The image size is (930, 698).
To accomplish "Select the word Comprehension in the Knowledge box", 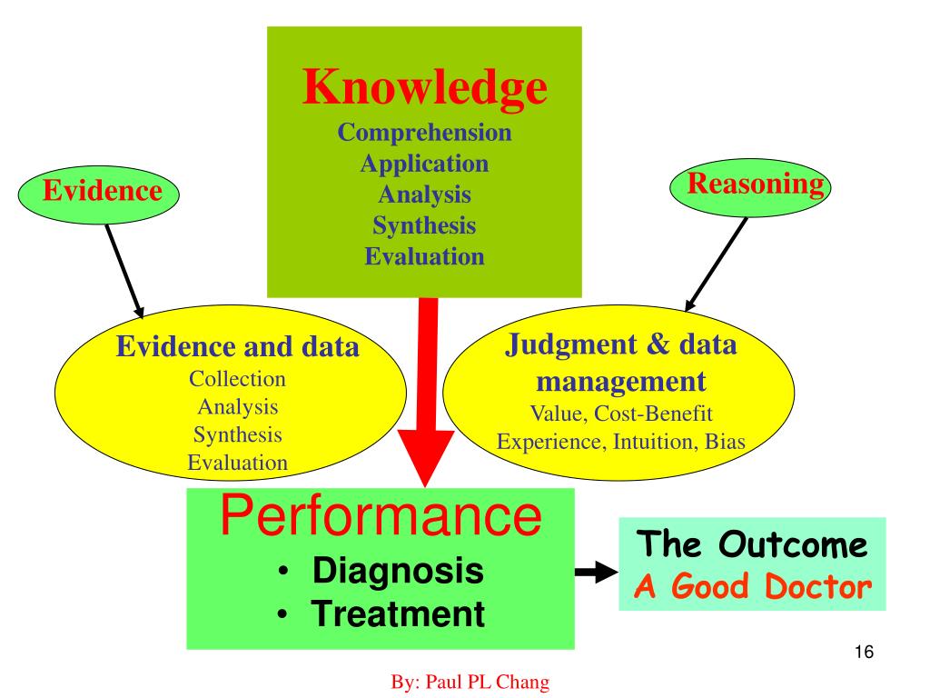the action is (x=424, y=133).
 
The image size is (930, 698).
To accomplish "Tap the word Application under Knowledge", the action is (x=424, y=164).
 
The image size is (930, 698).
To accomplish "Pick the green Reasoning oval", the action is (x=749, y=184).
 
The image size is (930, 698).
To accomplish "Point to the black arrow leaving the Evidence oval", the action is (x=124, y=269).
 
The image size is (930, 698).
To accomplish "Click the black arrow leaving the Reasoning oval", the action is (x=717, y=264).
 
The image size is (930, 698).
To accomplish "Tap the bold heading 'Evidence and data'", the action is (x=238, y=347).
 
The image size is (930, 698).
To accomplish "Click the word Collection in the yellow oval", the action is (x=237, y=378).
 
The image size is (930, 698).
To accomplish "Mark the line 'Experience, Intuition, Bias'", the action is (x=620, y=442).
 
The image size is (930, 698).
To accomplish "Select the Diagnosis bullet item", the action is (x=397, y=573).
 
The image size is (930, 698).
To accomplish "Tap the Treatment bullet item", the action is (x=398, y=614).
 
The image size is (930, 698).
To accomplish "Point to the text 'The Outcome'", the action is (x=751, y=545).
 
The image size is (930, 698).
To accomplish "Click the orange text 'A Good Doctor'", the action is (x=751, y=586).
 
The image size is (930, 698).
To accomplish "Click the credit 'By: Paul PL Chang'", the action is (x=470, y=682).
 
